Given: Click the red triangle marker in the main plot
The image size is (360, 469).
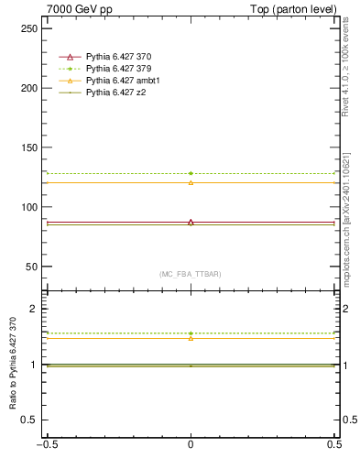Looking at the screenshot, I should pyautogui.click(x=191, y=222).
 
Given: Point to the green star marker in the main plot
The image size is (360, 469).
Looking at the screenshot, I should pyautogui.click(x=191, y=173).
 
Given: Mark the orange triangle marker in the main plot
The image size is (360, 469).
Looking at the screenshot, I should pyautogui.click(x=191, y=182).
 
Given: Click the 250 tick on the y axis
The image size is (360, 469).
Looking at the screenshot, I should pyautogui.click(x=30, y=28).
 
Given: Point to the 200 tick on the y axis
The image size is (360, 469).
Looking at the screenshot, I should pyautogui.click(x=30, y=88).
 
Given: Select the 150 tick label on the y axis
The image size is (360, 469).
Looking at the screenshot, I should pyautogui.click(x=30, y=147).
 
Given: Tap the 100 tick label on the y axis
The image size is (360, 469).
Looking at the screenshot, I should pyautogui.click(x=30, y=207).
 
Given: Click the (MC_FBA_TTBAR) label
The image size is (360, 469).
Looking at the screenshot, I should pyautogui.click(x=191, y=274).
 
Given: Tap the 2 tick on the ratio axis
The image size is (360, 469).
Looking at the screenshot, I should pyautogui.click(x=36, y=310).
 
